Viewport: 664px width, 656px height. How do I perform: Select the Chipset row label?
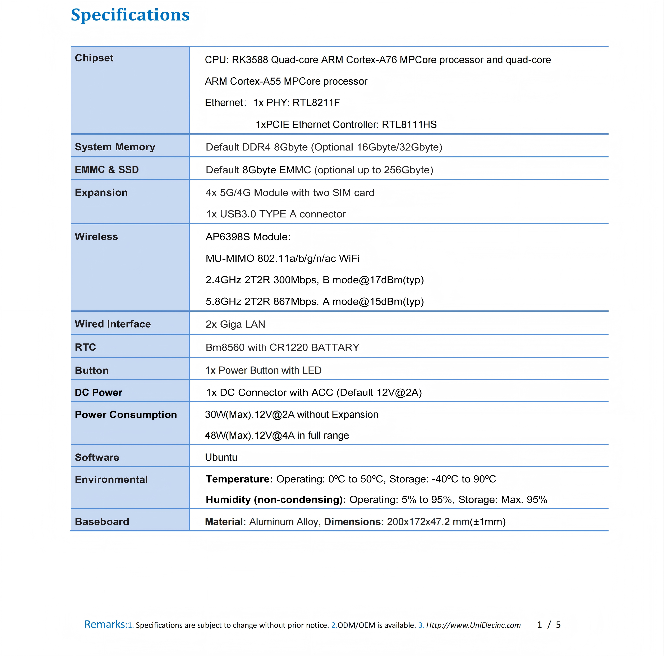coord(94,58)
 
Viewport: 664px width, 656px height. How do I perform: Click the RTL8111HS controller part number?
coord(409,124)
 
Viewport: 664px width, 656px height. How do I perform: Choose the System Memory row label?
coord(115,147)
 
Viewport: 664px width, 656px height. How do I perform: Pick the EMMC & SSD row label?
coord(106,170)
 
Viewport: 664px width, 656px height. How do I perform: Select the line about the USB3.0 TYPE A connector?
coord(276,214)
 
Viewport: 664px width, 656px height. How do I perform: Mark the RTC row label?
coord(85,347)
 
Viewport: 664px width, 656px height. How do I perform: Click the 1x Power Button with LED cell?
coord(263,370)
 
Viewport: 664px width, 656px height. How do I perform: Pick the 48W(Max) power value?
coord(229,436)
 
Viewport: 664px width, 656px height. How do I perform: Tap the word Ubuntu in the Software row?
coord(221,457)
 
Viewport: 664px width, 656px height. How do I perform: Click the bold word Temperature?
coord(239,479)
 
